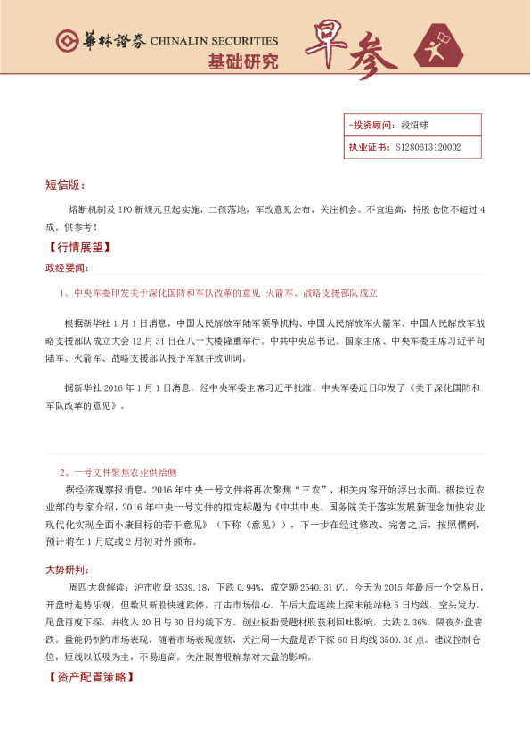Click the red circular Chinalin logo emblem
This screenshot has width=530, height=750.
click(x=66, y=40)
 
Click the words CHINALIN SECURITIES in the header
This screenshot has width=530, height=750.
click(x=214, y=41)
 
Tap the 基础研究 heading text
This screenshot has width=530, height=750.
click(x=242, y=62)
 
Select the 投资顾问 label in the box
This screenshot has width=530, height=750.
click(x=371, y=125)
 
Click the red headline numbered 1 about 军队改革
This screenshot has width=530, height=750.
click(x=218, y=292)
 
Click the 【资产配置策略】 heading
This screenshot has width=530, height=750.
click(x=90, y=678)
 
